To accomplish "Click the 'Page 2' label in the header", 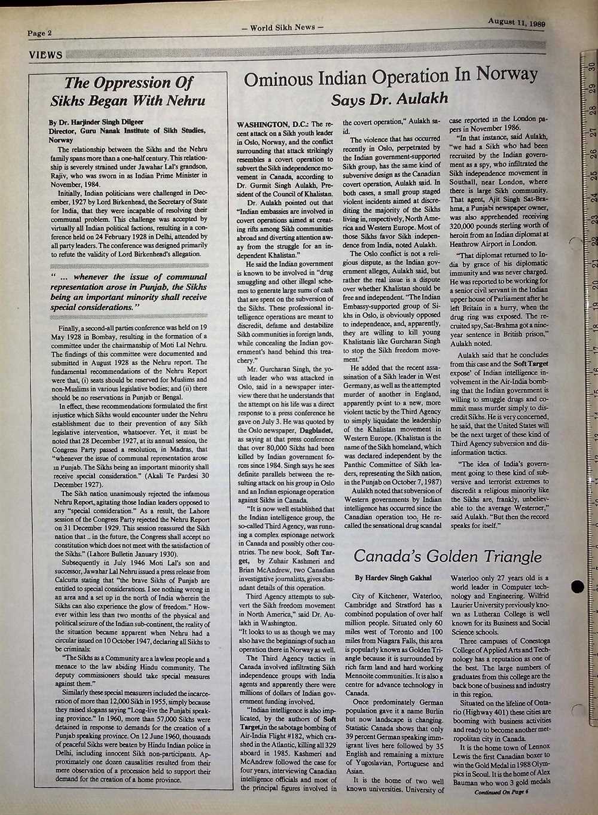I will (40, 33).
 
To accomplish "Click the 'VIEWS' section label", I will (45, 56).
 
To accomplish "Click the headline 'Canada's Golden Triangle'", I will (447, 555).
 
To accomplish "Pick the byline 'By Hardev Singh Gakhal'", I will (393, 578).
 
